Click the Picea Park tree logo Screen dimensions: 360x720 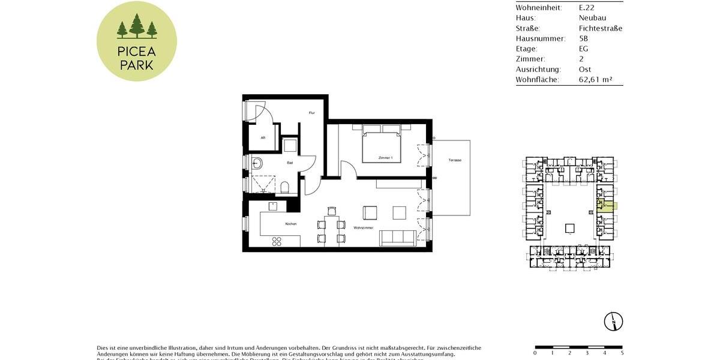(x=137, y=41)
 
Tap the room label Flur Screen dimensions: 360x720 (x=312, y=113)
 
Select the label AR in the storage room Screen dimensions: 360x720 (x=263, y=137)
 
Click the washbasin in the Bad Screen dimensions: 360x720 (x=257, y=162)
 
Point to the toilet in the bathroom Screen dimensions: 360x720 (x=285, y=187)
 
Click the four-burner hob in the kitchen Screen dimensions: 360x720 (x=277, y=241)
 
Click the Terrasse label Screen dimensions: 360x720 (x=455, y=160)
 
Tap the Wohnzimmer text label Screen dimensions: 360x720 (x=364, y=228)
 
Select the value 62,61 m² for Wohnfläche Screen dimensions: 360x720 (x=595, y=79)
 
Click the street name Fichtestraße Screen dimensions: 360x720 (x=601, y=28)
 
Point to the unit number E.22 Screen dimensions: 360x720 (x=587, y=8)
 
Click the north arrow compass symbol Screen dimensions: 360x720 (x=614, y=322)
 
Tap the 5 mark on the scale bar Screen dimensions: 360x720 (x=622, y=353)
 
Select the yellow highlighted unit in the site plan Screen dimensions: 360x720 (x=608, y=206)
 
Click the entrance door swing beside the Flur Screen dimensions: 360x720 (x=256, y=112)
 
